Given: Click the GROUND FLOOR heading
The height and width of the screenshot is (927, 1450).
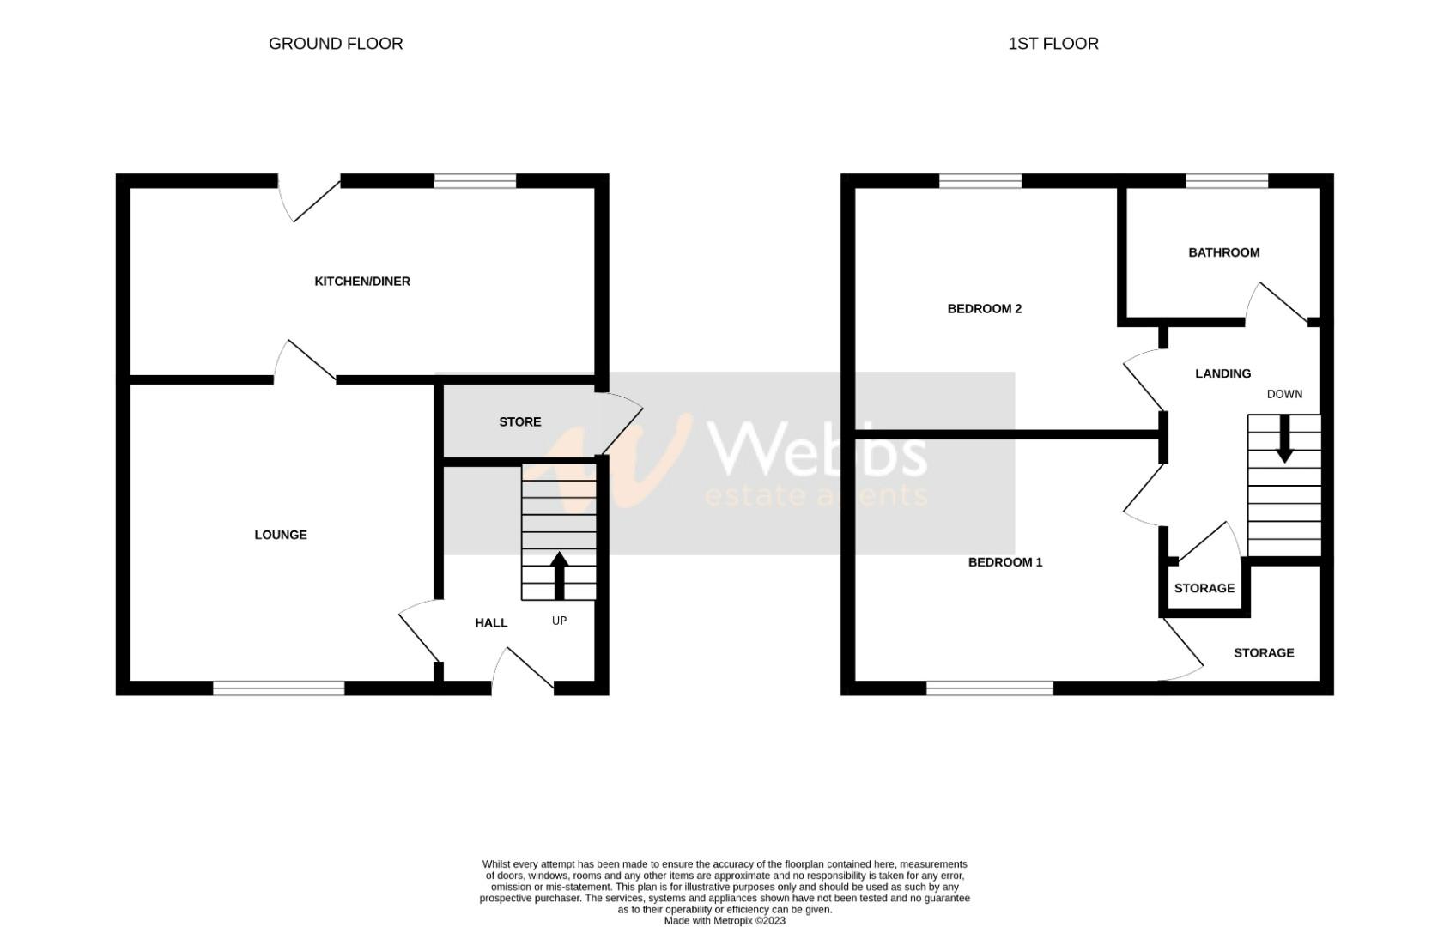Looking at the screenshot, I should coord(336,44).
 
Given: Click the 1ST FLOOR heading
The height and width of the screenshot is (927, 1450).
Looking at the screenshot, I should coord(1053,44).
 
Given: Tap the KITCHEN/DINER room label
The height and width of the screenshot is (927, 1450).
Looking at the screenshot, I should coord(362,282).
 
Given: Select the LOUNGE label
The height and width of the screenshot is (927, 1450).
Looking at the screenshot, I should coord(281,535).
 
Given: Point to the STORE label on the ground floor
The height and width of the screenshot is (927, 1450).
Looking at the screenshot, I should coord(520,421).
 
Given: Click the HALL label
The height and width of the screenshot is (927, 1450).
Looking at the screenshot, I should coord(491,623).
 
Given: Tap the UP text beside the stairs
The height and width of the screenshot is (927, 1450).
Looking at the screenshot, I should coord(559,621).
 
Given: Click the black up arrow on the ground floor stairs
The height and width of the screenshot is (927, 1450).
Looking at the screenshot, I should coord(560,574).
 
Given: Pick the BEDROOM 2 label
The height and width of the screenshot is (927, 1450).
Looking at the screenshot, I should coord(984,309).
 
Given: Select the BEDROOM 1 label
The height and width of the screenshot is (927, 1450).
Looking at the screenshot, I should coord(1005,562).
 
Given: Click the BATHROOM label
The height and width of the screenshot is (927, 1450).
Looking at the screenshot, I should coord(1223,252).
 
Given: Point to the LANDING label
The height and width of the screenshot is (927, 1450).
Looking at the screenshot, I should coord(1222,373).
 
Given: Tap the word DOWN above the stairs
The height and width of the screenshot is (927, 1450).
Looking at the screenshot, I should coord(1284,394).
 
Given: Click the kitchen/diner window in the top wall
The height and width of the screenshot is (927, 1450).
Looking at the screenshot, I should coord(475,181).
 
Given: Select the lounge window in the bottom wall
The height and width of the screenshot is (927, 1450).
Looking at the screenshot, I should coord(279,688).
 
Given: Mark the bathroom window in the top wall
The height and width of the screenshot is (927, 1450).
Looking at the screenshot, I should coord(1227,181).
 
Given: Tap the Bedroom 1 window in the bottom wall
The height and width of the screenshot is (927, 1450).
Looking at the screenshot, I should coord(990,688).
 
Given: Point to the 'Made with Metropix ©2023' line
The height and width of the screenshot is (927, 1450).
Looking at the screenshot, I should coord(725,921).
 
